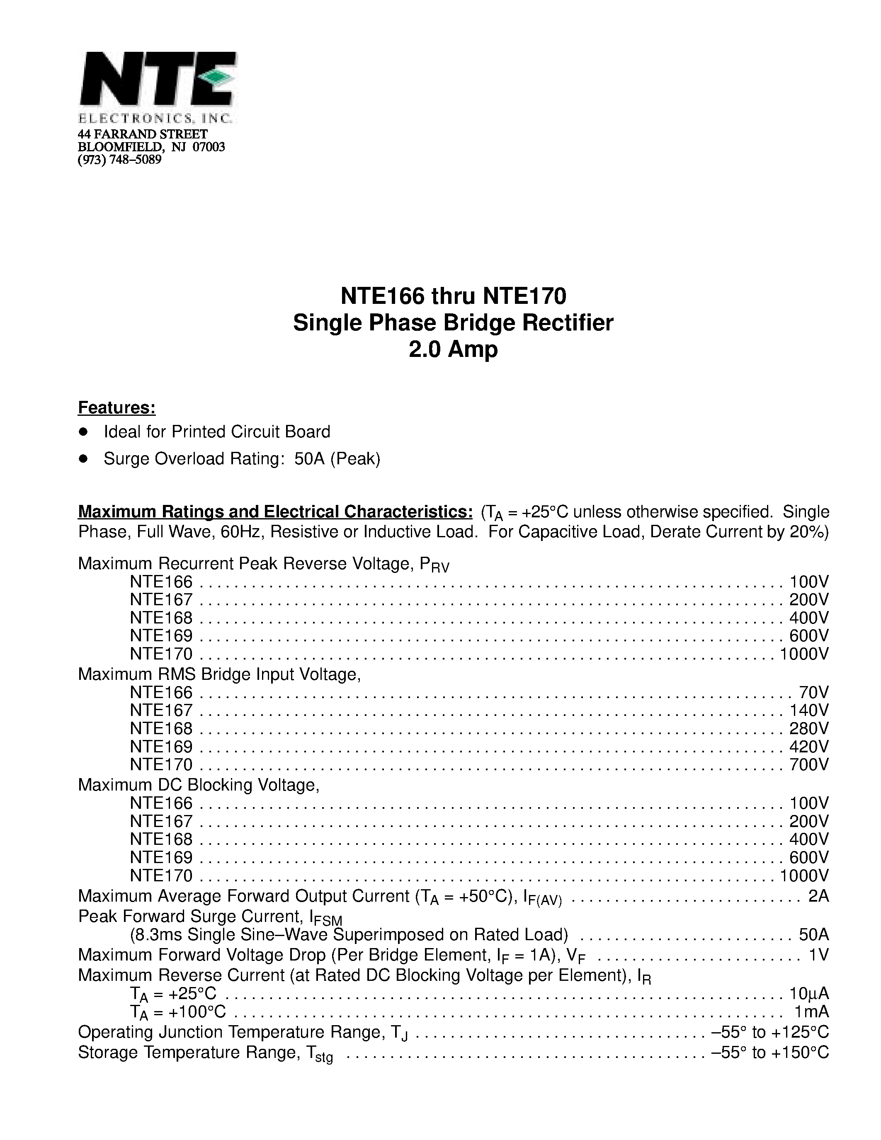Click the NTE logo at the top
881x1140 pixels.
pyautogui.click(x=158, y=86)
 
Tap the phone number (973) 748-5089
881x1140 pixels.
pyautogui.click(x=119, y=160)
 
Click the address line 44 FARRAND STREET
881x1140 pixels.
pyautogui.click(x=143, y=134)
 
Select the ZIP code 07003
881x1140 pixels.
pyautogui.click(x=209, y=147)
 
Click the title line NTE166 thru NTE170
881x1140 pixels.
pyautogui.click(x=453, y=296)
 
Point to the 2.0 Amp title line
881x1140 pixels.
pyautogui.click(x=453, y=349)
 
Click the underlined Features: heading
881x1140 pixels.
pyautogui.click(x=117, y=407)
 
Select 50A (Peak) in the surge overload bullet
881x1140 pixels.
pyautogui.click(x=337, y=458)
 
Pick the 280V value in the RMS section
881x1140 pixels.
pyautogui.click(x=808, y=729)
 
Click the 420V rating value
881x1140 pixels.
pyautogui.click(x=808, y=747)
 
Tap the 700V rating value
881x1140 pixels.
pyautogui.click(x=808, y=765)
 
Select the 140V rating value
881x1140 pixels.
pyautogui.click(x=808, y=711)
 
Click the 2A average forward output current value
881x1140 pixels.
pyautogui.click(x=818, y=896)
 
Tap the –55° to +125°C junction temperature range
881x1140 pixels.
pyautogui.click(x=770, y=1032)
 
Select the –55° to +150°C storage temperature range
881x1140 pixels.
pyautogui.click(x=770, y=1052)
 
